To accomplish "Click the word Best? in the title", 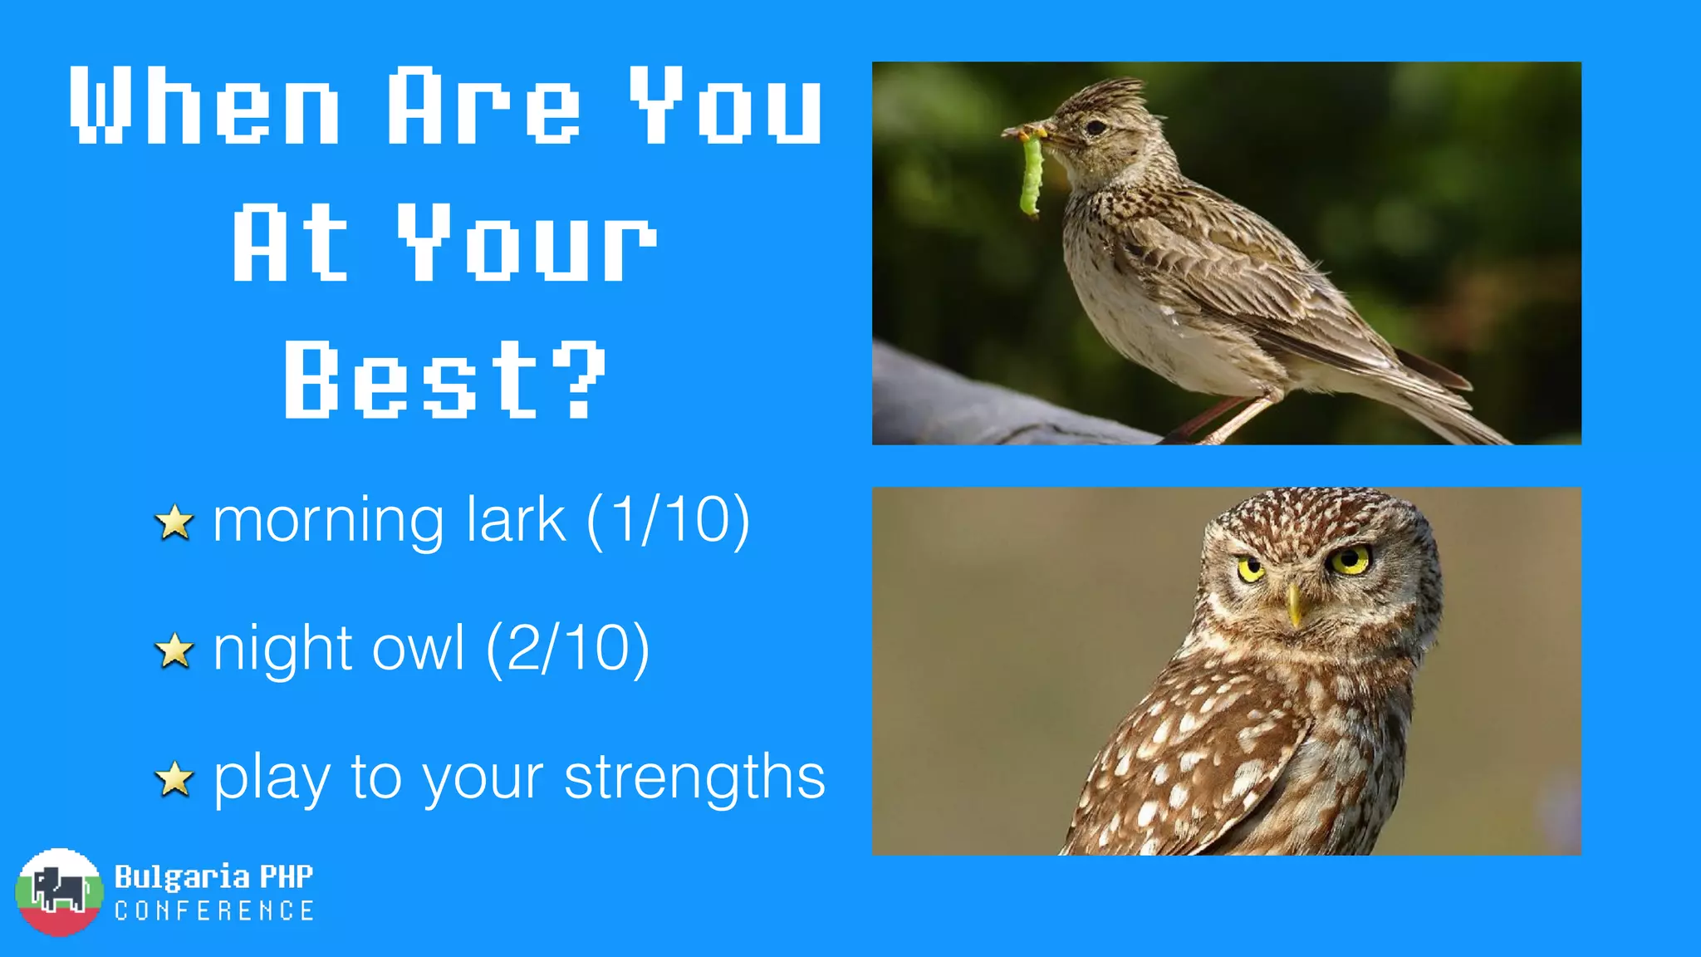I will (x=446, y=380).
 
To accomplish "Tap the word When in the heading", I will (x=204, y=106).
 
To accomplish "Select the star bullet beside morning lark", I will (x=174, y=523).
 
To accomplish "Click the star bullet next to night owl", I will (x=174, y=650).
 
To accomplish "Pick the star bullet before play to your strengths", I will (x=174, y=779).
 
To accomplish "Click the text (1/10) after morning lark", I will (x=668, y=520).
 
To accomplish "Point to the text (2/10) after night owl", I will (x=567, y=648).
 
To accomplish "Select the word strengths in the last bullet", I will (x=694, y=778).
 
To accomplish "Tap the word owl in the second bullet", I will (x=418, y=648).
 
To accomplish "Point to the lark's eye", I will (x=1096, y=128).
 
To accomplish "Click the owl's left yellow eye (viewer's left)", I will (x=1250, y=570).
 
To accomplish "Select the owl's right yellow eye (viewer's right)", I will (x=1351, y=561).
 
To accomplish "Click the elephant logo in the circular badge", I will (x=58, y=891).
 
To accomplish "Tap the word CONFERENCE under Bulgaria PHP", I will (x=214, y=911).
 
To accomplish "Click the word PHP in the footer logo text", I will (x=286, y=876).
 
